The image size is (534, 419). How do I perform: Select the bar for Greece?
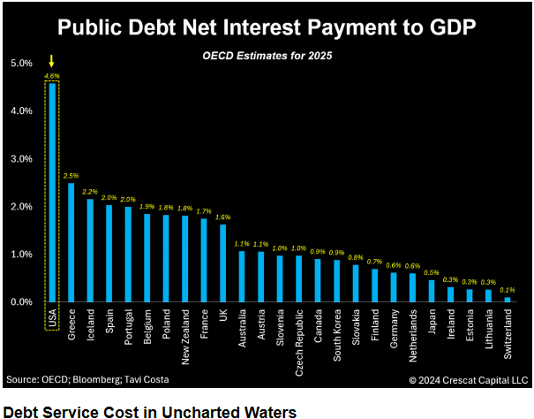pos(71,242)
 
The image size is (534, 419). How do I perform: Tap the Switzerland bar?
pos(508,300)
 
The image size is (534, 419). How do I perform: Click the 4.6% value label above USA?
pos(52,76)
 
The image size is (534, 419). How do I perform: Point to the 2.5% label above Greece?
pos(71,176)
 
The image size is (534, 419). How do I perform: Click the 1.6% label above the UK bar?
pos(222,217)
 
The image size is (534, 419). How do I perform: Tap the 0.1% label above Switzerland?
pos(508,289)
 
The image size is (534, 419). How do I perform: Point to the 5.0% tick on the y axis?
pos(22,64)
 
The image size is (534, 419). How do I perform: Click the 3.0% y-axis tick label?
pos(22,159)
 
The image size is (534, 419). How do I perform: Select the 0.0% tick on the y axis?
pos(22,302)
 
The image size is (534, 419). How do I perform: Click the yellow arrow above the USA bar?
pos(52,61)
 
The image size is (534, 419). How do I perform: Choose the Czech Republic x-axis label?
pos(299,340)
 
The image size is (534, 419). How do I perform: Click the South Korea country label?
pos(337,336)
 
